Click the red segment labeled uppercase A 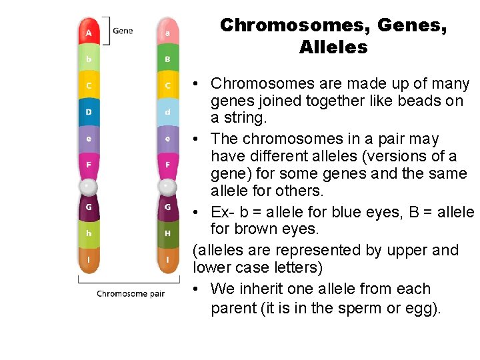(89, 32)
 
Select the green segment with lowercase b (89, 59)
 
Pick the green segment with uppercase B (167, 59)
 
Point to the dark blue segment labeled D (89, 112)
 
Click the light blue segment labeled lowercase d (167, 112)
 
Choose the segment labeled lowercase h (89, 233)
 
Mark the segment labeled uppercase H (167, 233)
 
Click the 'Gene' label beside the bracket (123, 31)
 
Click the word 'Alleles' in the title (333, 47)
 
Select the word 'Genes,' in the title (411, 25)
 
